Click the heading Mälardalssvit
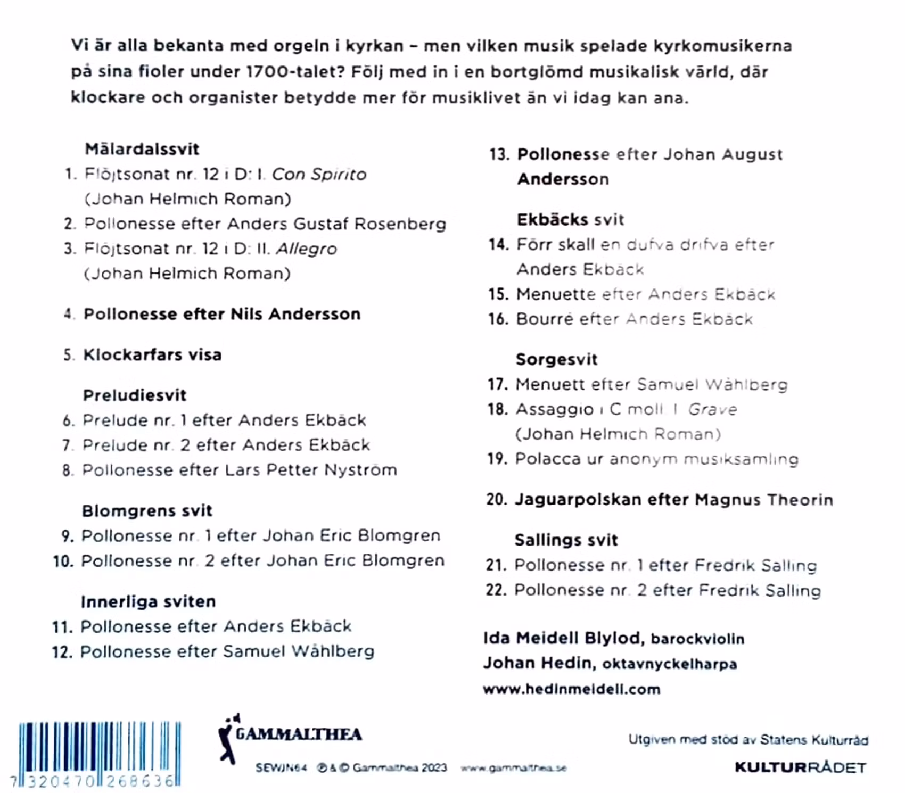(142, 149)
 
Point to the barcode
(100, 754)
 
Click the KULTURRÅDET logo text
(800, 767)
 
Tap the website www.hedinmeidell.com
(571, 689)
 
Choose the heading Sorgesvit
(556, 359)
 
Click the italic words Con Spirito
(319, 174)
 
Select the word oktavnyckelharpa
(670, 664)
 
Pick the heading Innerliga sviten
(148, 601)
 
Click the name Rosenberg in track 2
(400, 224)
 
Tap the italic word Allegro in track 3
(306, 249)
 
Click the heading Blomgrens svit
(147, 511)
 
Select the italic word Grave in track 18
(712, 409)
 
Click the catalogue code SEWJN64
(281, 768)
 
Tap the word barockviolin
(697, 638)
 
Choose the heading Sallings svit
(566, 540)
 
